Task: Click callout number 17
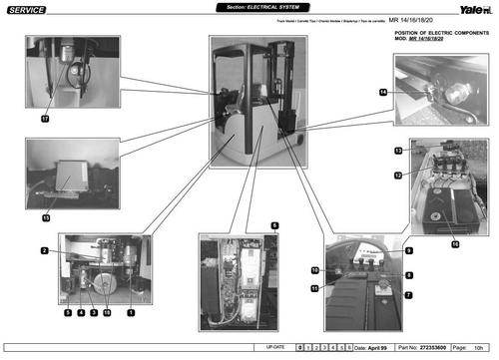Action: [45, 118]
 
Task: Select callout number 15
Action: [45, 216]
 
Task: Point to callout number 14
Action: [382, 92]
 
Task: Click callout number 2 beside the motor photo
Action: [45, 250]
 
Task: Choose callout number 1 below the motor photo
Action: [130, 312]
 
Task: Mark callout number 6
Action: [274, 227]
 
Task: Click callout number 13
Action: [397, 150]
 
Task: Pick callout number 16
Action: [455, 242]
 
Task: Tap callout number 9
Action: [408, 249]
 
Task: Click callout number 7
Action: [407, 295]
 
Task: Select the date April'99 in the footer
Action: [369, 347]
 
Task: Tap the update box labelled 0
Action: [300, 347]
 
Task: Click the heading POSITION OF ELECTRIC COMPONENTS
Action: [437, 33]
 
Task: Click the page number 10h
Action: [480, 347]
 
